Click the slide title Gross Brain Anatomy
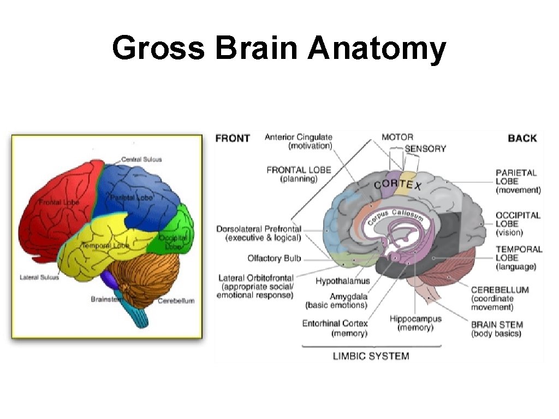pos(279,48)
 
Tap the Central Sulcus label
pos(141,159)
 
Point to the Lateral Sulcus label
pos(39,277)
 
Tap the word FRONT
pos(233,139)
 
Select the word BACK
pos(522,139)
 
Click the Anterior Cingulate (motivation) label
pos(299,141)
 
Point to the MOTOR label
pos(397,137)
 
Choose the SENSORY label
pos(425,148)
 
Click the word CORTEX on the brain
pos(398,184)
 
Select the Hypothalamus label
pos(342,281)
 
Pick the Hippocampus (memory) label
pos(415,323)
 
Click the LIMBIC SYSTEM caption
pos(371,356)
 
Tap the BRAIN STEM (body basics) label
pos(497,328)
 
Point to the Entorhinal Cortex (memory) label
pos(335,328)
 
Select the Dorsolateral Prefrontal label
pos(259,233)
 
